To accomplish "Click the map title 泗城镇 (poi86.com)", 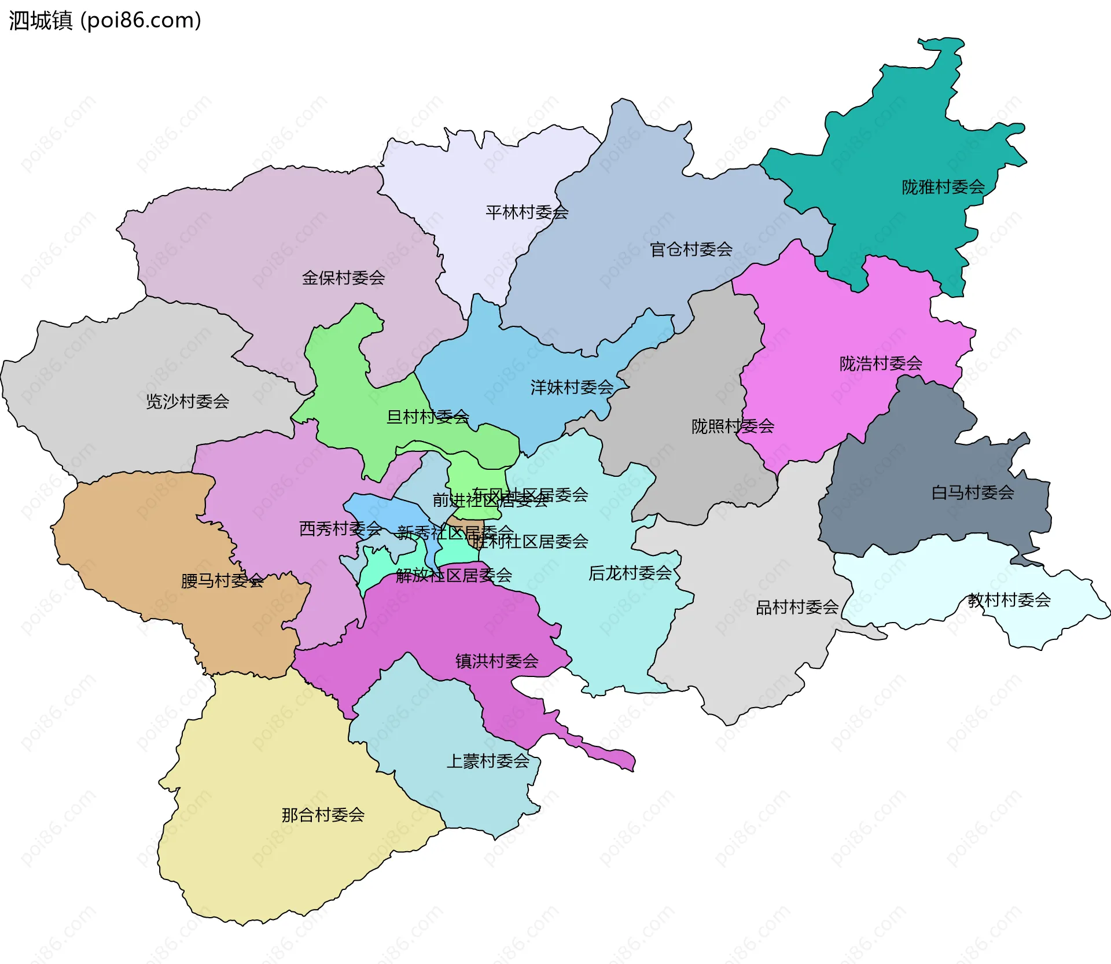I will (x=105, y=21).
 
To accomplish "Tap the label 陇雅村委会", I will (x=943, y=187).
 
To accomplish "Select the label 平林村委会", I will (x=527, y=212).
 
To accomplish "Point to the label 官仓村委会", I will (x=691, y=249).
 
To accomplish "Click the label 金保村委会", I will (x=343, y=278).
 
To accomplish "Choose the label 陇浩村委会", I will (x=880, y=363).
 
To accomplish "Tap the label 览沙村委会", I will (x=187, y=401).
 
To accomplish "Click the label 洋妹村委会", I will (x=572, y=387).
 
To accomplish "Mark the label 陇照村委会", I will (x=733, y=426).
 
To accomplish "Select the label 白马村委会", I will (x=972, y=492).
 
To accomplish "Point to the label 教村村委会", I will (x=1009, y=600).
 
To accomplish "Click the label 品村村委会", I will (x=797, y=607).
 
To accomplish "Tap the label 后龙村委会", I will (x=630, y=573).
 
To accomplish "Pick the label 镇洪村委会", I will (x=496, y=661).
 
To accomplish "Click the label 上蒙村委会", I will (x=488, y=761).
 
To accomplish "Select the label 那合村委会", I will (x=323, y=815).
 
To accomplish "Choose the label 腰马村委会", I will (x=222, y=580).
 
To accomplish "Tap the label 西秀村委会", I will (x=340, y=528).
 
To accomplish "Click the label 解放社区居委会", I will (x=454, y=575).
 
